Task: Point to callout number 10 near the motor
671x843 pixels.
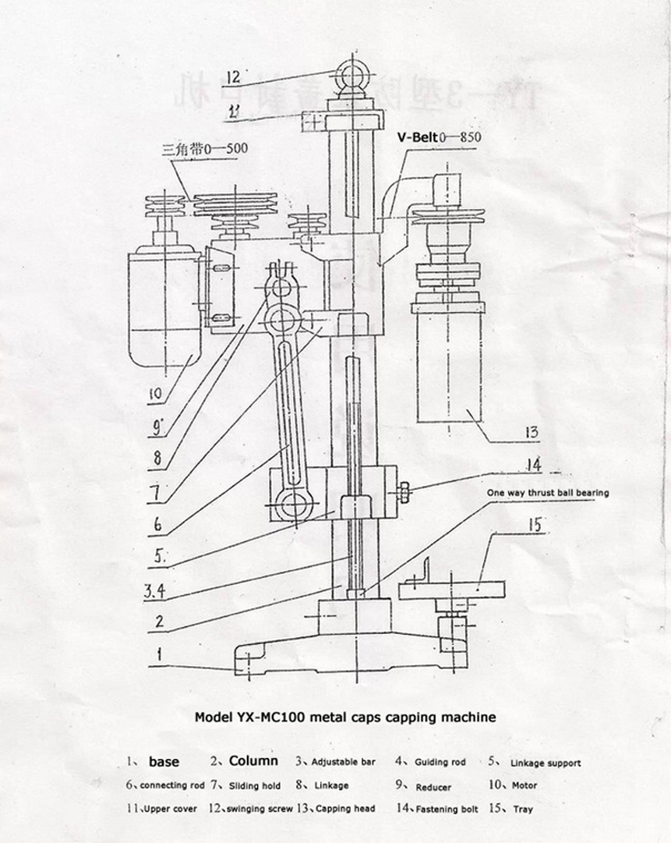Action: (155, 394)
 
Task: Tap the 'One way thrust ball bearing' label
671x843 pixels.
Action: (548, 493)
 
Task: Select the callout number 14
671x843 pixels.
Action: (534, 465)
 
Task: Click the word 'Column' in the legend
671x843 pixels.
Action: (253, 761)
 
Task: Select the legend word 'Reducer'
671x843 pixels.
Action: (433, 787)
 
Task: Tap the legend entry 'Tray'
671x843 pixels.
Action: (523, 809)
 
